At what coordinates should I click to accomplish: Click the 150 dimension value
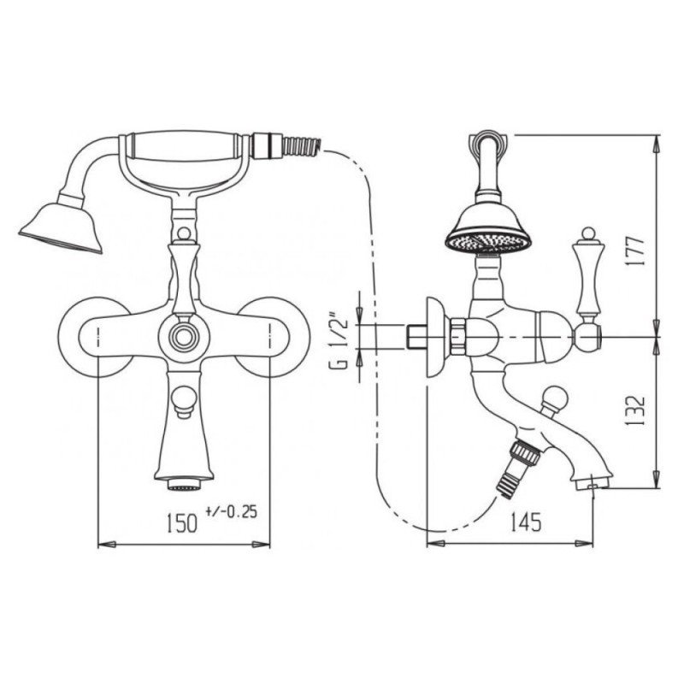coord(181,523)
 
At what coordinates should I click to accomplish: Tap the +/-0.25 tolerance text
coord(231,511)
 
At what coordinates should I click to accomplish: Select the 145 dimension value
coord(526,522)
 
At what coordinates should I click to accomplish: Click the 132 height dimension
coord(636,411)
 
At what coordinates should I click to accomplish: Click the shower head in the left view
coord(60,227)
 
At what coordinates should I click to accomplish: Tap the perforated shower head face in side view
coord(489,243)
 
